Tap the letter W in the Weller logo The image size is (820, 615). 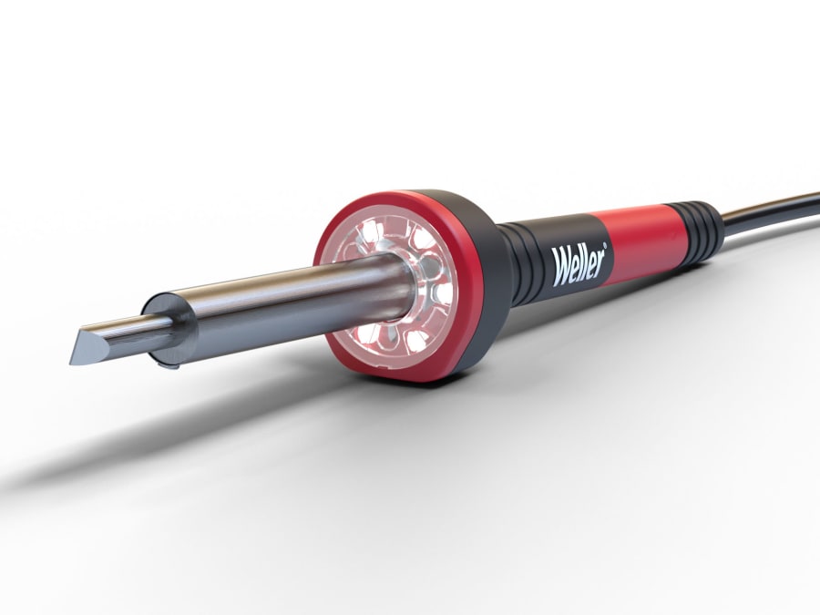point(560,271)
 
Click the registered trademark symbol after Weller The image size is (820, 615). point(611,245)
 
